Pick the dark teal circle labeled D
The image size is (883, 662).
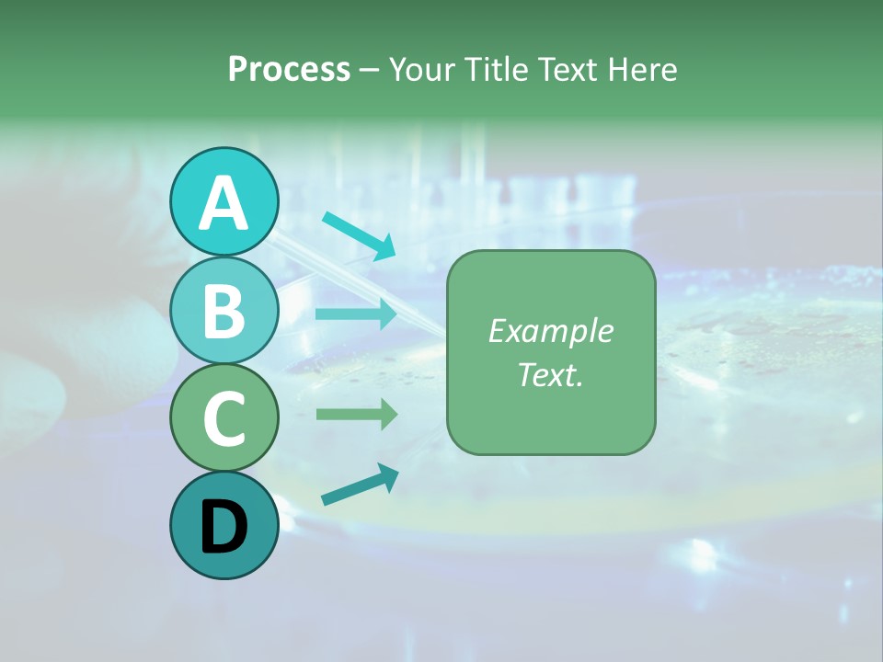pyautogui.click(x=224, y=525)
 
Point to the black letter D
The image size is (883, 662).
pyautogui.click(x=224, y=527)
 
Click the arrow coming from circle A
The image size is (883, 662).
pyautogui.click(x=359, y=235)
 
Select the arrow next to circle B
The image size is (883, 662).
pyautogui.click(x=356, y=314)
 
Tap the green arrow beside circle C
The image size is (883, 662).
pyautogui.click(x=356, y=414)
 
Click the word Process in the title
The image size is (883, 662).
pyautogui.click(x=289, y=70)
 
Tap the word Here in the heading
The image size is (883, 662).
pyautogui.click(x=643, y=70)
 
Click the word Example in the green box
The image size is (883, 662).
pyautogui.click(x=550, y=331)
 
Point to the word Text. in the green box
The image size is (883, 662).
pyautogui.click(x=550, y=374)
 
